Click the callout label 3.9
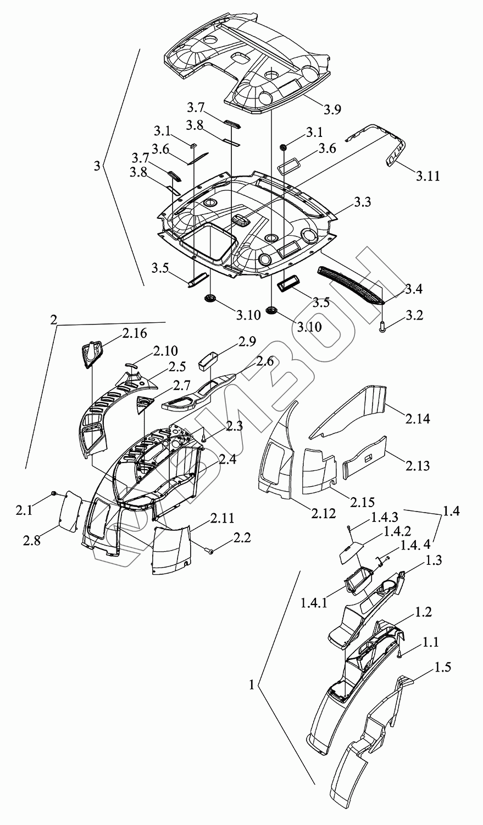332,109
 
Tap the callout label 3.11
428,176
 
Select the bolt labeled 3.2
382,327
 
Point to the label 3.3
362,202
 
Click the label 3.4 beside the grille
413,288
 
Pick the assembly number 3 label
97,166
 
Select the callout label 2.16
135,333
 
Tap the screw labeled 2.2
210,549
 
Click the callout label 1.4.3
385,518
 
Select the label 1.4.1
314,603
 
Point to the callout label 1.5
443,668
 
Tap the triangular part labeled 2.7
145,403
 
